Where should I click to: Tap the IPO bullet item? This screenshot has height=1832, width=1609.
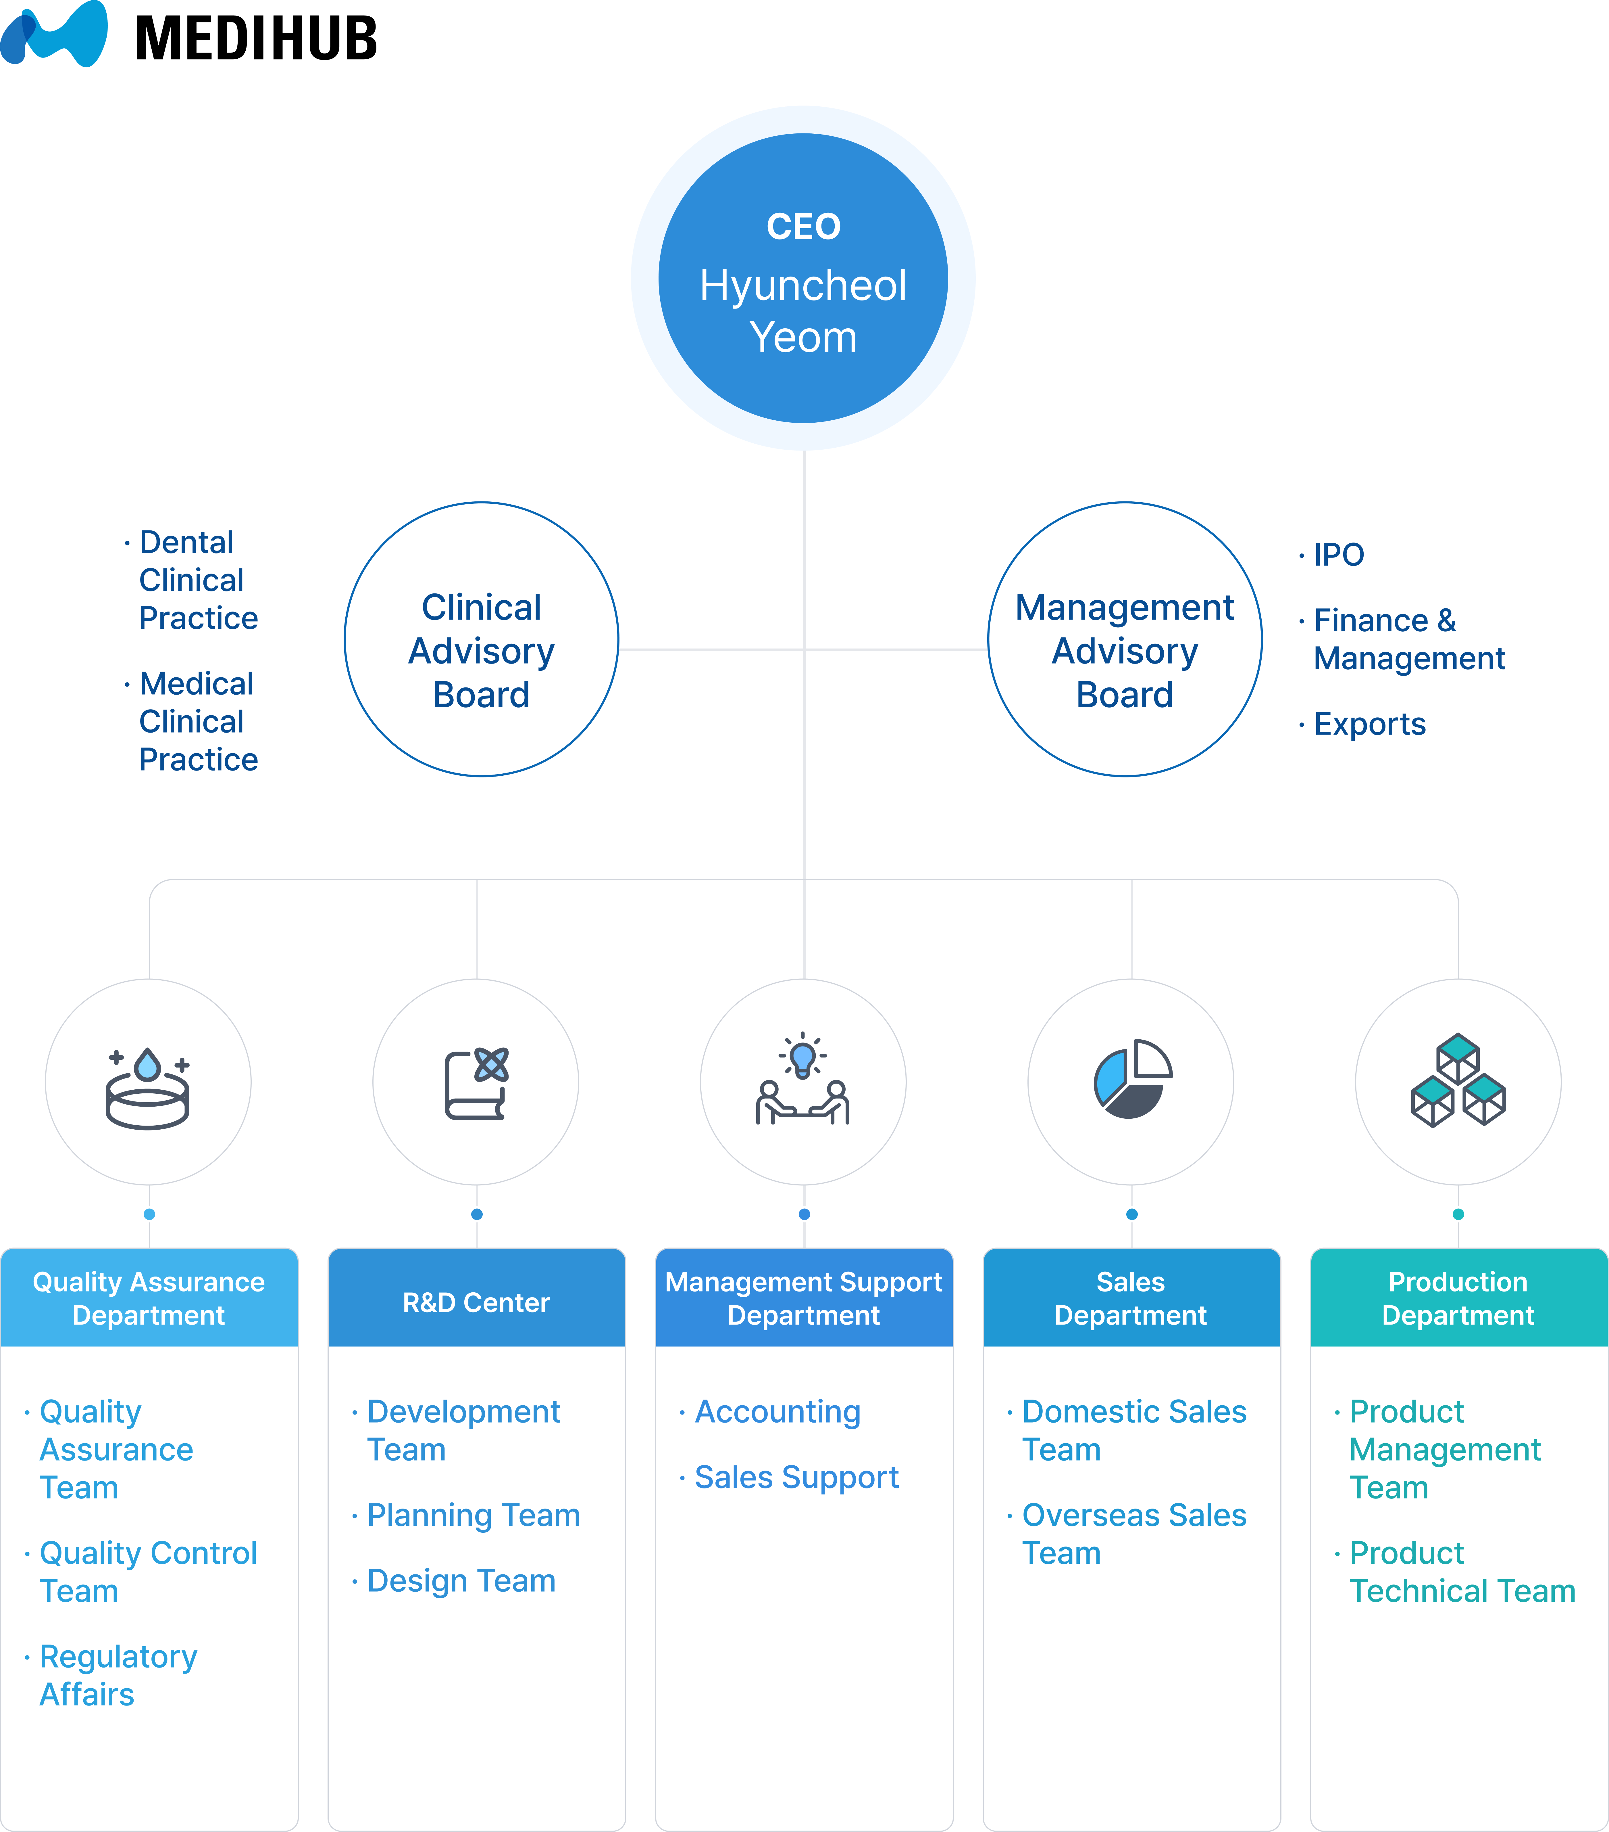[1337, 555]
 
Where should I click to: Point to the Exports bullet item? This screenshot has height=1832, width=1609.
[1369, 724]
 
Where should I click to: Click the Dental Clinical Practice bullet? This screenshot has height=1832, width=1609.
[197, 580]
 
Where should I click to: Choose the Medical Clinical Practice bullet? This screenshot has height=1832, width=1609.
[197, 722]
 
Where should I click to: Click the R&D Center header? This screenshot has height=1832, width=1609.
[476, 1302]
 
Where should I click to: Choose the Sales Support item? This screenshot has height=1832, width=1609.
[796, 1477]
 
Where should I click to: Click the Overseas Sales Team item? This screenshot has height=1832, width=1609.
[1133, 1534]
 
